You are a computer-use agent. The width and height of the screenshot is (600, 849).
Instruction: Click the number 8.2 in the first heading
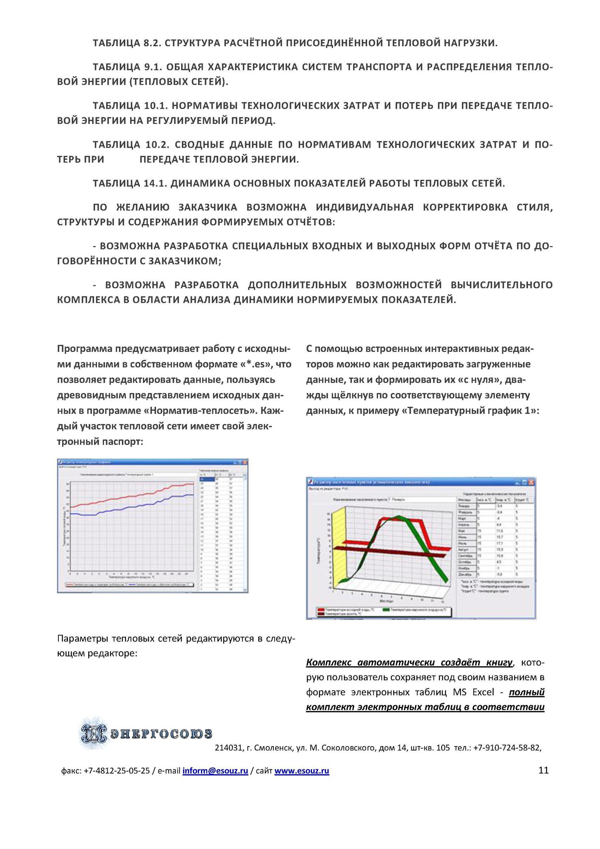coord(151,43)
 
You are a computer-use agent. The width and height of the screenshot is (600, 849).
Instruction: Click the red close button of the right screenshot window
coord(532,483)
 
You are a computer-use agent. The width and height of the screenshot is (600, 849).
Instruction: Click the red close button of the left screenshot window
coord(245,462)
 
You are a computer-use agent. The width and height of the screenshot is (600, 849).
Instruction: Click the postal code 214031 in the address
coord(227,748)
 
